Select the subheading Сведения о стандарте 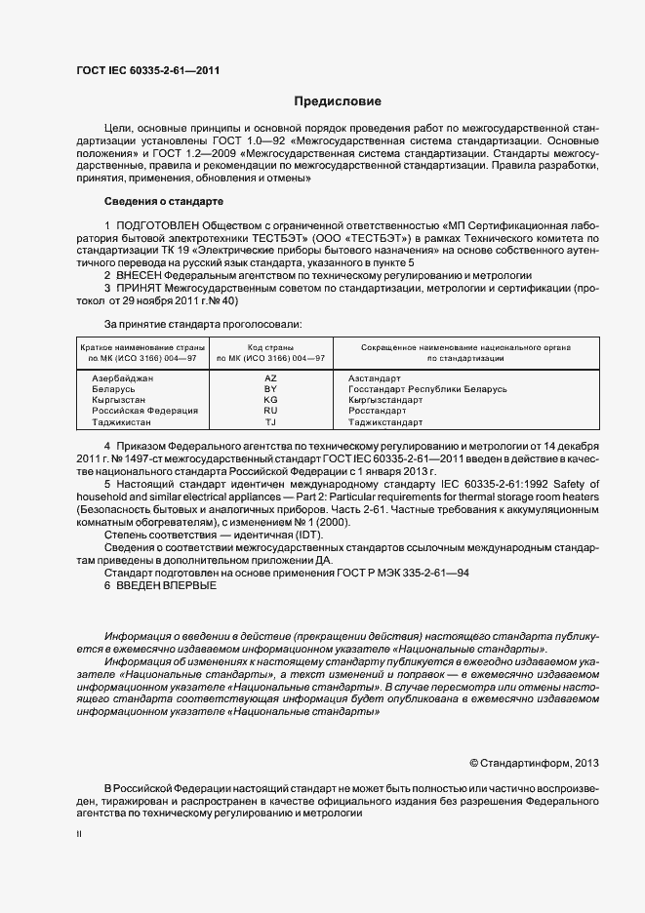click(x=164, y=201)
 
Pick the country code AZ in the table click(x=270, y=377)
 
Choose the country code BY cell click(x=270, y=388)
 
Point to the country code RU click(x=270, y=411)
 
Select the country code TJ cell click(x=270, y=422)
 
